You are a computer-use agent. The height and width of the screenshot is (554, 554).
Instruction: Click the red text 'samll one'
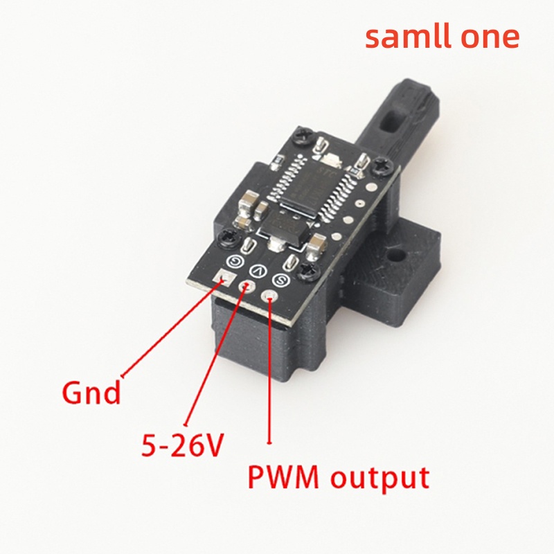pyautogui.click(x=442, y=37)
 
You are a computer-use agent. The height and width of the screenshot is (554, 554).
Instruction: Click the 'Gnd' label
pyautogui.click(x=91, y=393)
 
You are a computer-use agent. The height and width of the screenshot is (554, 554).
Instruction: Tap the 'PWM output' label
pyautogui.click(x=339, y=477)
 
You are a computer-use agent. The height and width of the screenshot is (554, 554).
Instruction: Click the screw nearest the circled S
pyautogui.click(x=309, y=271)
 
